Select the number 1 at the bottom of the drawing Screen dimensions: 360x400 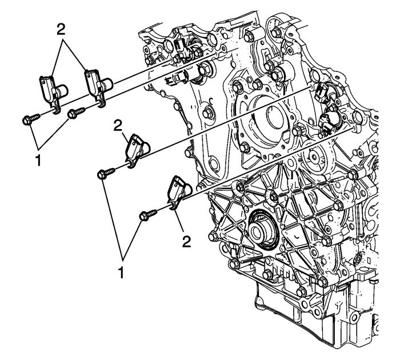(x=122, y=269)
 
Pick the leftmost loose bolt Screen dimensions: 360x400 (x=29, y=119)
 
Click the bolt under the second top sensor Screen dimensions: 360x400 (x=75, y=114)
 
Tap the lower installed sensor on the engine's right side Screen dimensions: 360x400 (x=330, y=121)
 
